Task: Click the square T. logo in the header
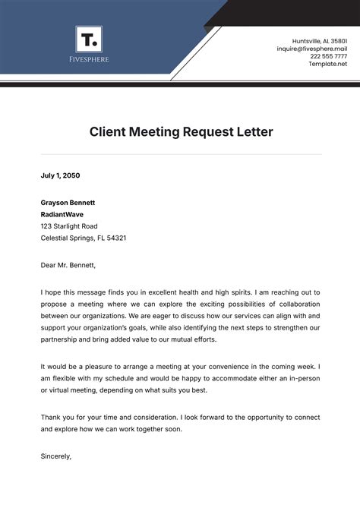pyautogui.click(x=89, y=39)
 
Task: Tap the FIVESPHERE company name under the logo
pyautogui.click(x=89, y=59)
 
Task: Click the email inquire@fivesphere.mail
pyautogui.click(x=311, y=48)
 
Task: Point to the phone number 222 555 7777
pyautogui.click(x=328, y=56)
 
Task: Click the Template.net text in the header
pyautogui.click(x=328, y=64)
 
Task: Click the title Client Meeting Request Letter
pyautogui.click(x=181, y=132)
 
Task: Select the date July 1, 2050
pyautogui.click(x=60, y=175)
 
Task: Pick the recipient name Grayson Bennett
pyautogui.click(x=68, y=203)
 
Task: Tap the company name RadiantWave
pyautogui.click(x=62, y=214)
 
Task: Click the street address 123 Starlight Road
pyautogui.click(x=69, y=226)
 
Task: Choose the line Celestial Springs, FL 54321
pyautogui.click(x=84, y=238)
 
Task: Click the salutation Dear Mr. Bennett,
pyautogui.click(x=69, y=266)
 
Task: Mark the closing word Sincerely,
pyautogui.click(x=55, y=456)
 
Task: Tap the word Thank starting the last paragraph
pyautogui.click(x=50, y=418)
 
